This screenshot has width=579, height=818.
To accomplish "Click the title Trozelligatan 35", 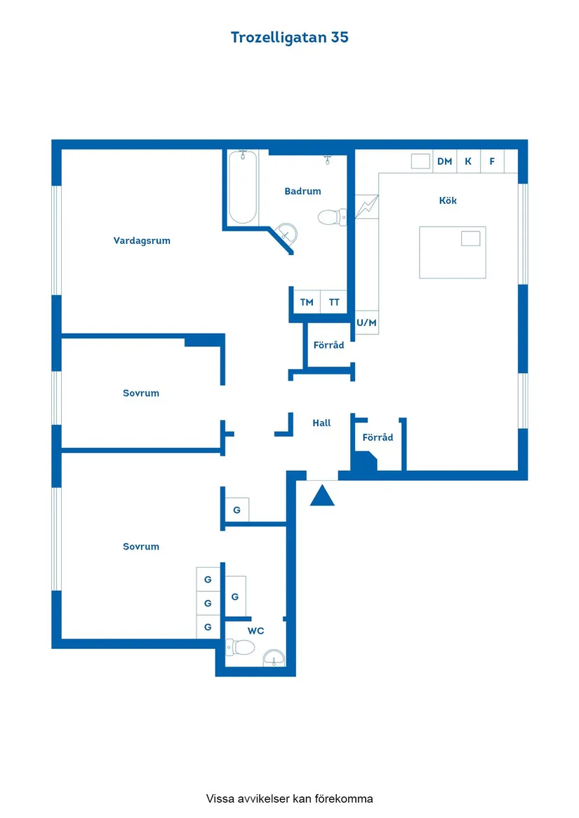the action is point(289,38).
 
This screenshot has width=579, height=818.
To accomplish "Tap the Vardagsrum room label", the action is point(142,240).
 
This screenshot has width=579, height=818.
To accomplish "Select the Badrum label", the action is point(302,191).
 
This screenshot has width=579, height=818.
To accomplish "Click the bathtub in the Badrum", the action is point(243,186).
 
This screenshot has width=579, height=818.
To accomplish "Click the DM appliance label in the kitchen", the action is point(445,161).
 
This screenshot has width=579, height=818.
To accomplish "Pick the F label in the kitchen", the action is point(492,161).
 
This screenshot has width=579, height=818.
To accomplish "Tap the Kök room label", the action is point(448,200).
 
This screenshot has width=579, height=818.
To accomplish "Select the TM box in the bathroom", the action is point(306,301).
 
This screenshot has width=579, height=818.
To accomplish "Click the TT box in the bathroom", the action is point(334,301).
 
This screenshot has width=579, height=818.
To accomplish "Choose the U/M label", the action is point(366,322).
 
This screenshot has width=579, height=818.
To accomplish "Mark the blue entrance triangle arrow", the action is point(322,496).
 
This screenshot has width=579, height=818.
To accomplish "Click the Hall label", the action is point(322,423).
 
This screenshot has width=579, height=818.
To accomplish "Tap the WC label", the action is point(255,631).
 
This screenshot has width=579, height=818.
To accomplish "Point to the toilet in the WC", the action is point(240,648).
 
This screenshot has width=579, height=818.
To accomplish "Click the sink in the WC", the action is point(274,658).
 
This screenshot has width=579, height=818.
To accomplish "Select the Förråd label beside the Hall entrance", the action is point(378,437).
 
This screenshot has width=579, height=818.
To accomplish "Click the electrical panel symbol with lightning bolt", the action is point(367,207).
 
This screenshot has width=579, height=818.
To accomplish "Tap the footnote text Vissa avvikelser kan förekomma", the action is point(289,798).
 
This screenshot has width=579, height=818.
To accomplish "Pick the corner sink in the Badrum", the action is point(286,233).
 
